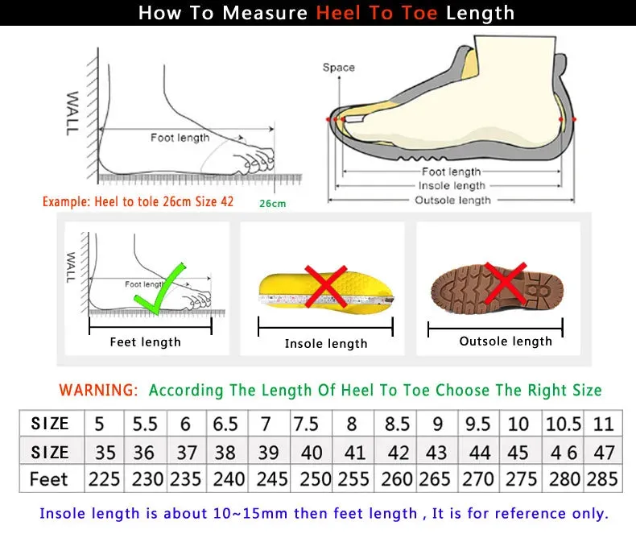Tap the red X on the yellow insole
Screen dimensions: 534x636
coord(325,286)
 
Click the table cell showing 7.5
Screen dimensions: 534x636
coord(306,424)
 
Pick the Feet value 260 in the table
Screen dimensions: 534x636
coord(397,478)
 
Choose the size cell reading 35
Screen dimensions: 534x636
coord(104,451)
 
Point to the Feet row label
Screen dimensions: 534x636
coord(49,478)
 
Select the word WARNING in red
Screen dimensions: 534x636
coord(98,390)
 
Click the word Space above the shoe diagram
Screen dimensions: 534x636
coord(338,68)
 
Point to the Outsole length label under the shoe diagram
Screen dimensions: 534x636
coord(452,200)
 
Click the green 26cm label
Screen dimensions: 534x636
coord(272,203)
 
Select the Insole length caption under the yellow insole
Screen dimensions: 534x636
coord(325,344)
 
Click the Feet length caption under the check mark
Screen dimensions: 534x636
coord(145,342)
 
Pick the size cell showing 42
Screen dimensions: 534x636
coord(397,451)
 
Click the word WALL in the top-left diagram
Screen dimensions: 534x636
coord(72,113)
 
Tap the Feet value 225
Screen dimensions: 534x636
coord(104,478)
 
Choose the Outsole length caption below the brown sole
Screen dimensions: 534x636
coord(506,342)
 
